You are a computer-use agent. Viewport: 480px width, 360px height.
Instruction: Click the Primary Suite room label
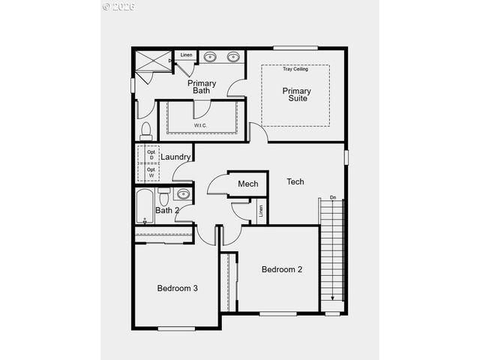296,94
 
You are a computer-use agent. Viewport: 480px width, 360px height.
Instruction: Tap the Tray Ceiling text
295,70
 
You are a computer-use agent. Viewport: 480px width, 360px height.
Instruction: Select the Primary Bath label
202,87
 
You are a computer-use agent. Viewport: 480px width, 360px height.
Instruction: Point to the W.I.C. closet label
201,125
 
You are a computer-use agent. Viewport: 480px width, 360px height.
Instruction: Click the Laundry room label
175,157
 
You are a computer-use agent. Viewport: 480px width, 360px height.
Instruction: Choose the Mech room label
248,184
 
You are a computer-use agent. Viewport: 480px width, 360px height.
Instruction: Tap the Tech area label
295,181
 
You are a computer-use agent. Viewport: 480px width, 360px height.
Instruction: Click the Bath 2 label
167,210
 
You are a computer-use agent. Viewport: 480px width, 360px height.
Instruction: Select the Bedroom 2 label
282,269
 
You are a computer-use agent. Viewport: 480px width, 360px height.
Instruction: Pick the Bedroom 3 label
178,288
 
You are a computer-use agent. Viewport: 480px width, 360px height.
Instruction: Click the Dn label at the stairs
333,198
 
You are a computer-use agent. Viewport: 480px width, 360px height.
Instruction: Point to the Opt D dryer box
151,154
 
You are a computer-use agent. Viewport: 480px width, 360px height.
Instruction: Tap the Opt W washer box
151,172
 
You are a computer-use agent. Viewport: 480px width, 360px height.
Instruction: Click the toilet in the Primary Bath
146,131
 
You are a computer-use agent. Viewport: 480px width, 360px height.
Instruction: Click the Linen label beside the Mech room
261,211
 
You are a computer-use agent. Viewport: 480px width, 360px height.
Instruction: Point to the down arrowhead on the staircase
333,298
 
